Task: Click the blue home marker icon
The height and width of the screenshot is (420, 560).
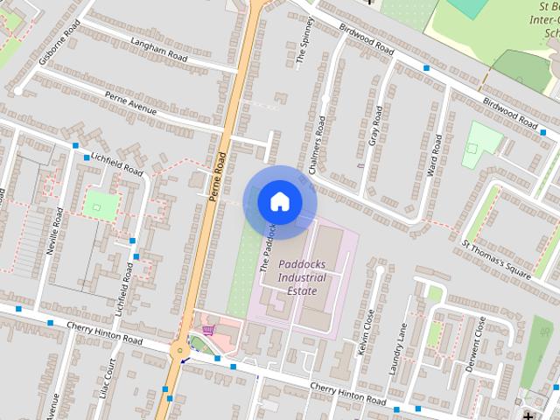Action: [279, 202]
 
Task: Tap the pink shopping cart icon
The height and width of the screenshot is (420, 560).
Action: [208, 330]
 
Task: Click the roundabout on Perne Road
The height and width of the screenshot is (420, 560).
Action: [180, 351]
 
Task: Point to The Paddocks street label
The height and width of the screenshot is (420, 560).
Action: [268, 249]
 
